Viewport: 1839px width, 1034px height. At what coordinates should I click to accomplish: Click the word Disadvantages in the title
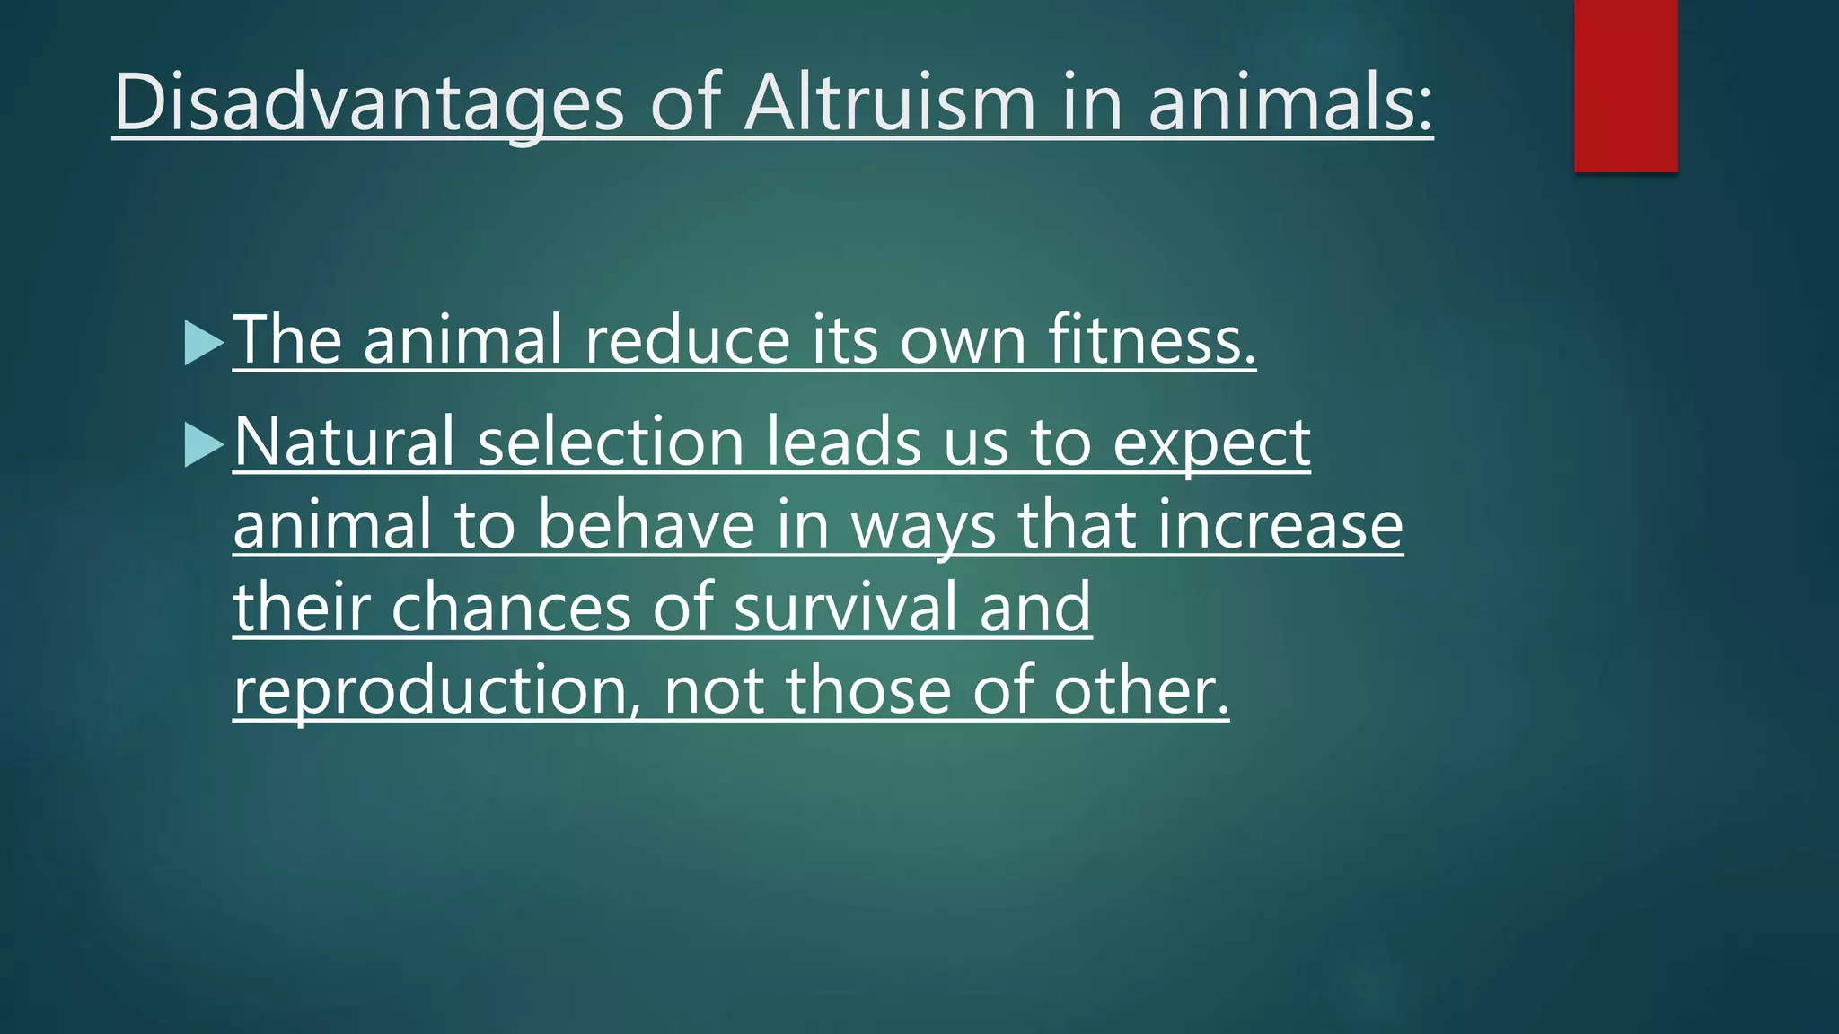point(368,102)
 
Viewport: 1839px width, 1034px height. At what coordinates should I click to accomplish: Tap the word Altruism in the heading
point(890,102)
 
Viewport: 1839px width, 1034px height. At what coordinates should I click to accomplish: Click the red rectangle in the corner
point(1625,85)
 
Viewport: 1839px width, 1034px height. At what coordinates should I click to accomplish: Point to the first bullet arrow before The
point(204,342)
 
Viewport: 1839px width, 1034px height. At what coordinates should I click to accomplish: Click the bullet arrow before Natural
point(204,444)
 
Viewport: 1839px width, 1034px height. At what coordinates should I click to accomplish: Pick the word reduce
point(687,340)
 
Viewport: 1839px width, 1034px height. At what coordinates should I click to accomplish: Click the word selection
point(611,442)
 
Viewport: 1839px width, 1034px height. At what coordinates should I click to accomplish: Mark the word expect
point(1211,443)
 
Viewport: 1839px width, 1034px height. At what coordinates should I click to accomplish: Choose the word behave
point(647,525)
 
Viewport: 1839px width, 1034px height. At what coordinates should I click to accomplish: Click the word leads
point(843,442)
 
